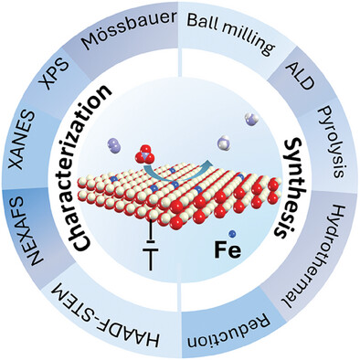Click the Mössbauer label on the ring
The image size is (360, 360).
click(130, 29)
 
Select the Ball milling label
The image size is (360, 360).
click(231, 31)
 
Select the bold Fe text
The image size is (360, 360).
click(228, 250)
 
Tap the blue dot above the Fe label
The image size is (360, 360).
click(232, 234)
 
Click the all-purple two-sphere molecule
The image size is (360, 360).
click(114, 145)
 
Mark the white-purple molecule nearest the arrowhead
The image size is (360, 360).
click(225, 143)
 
